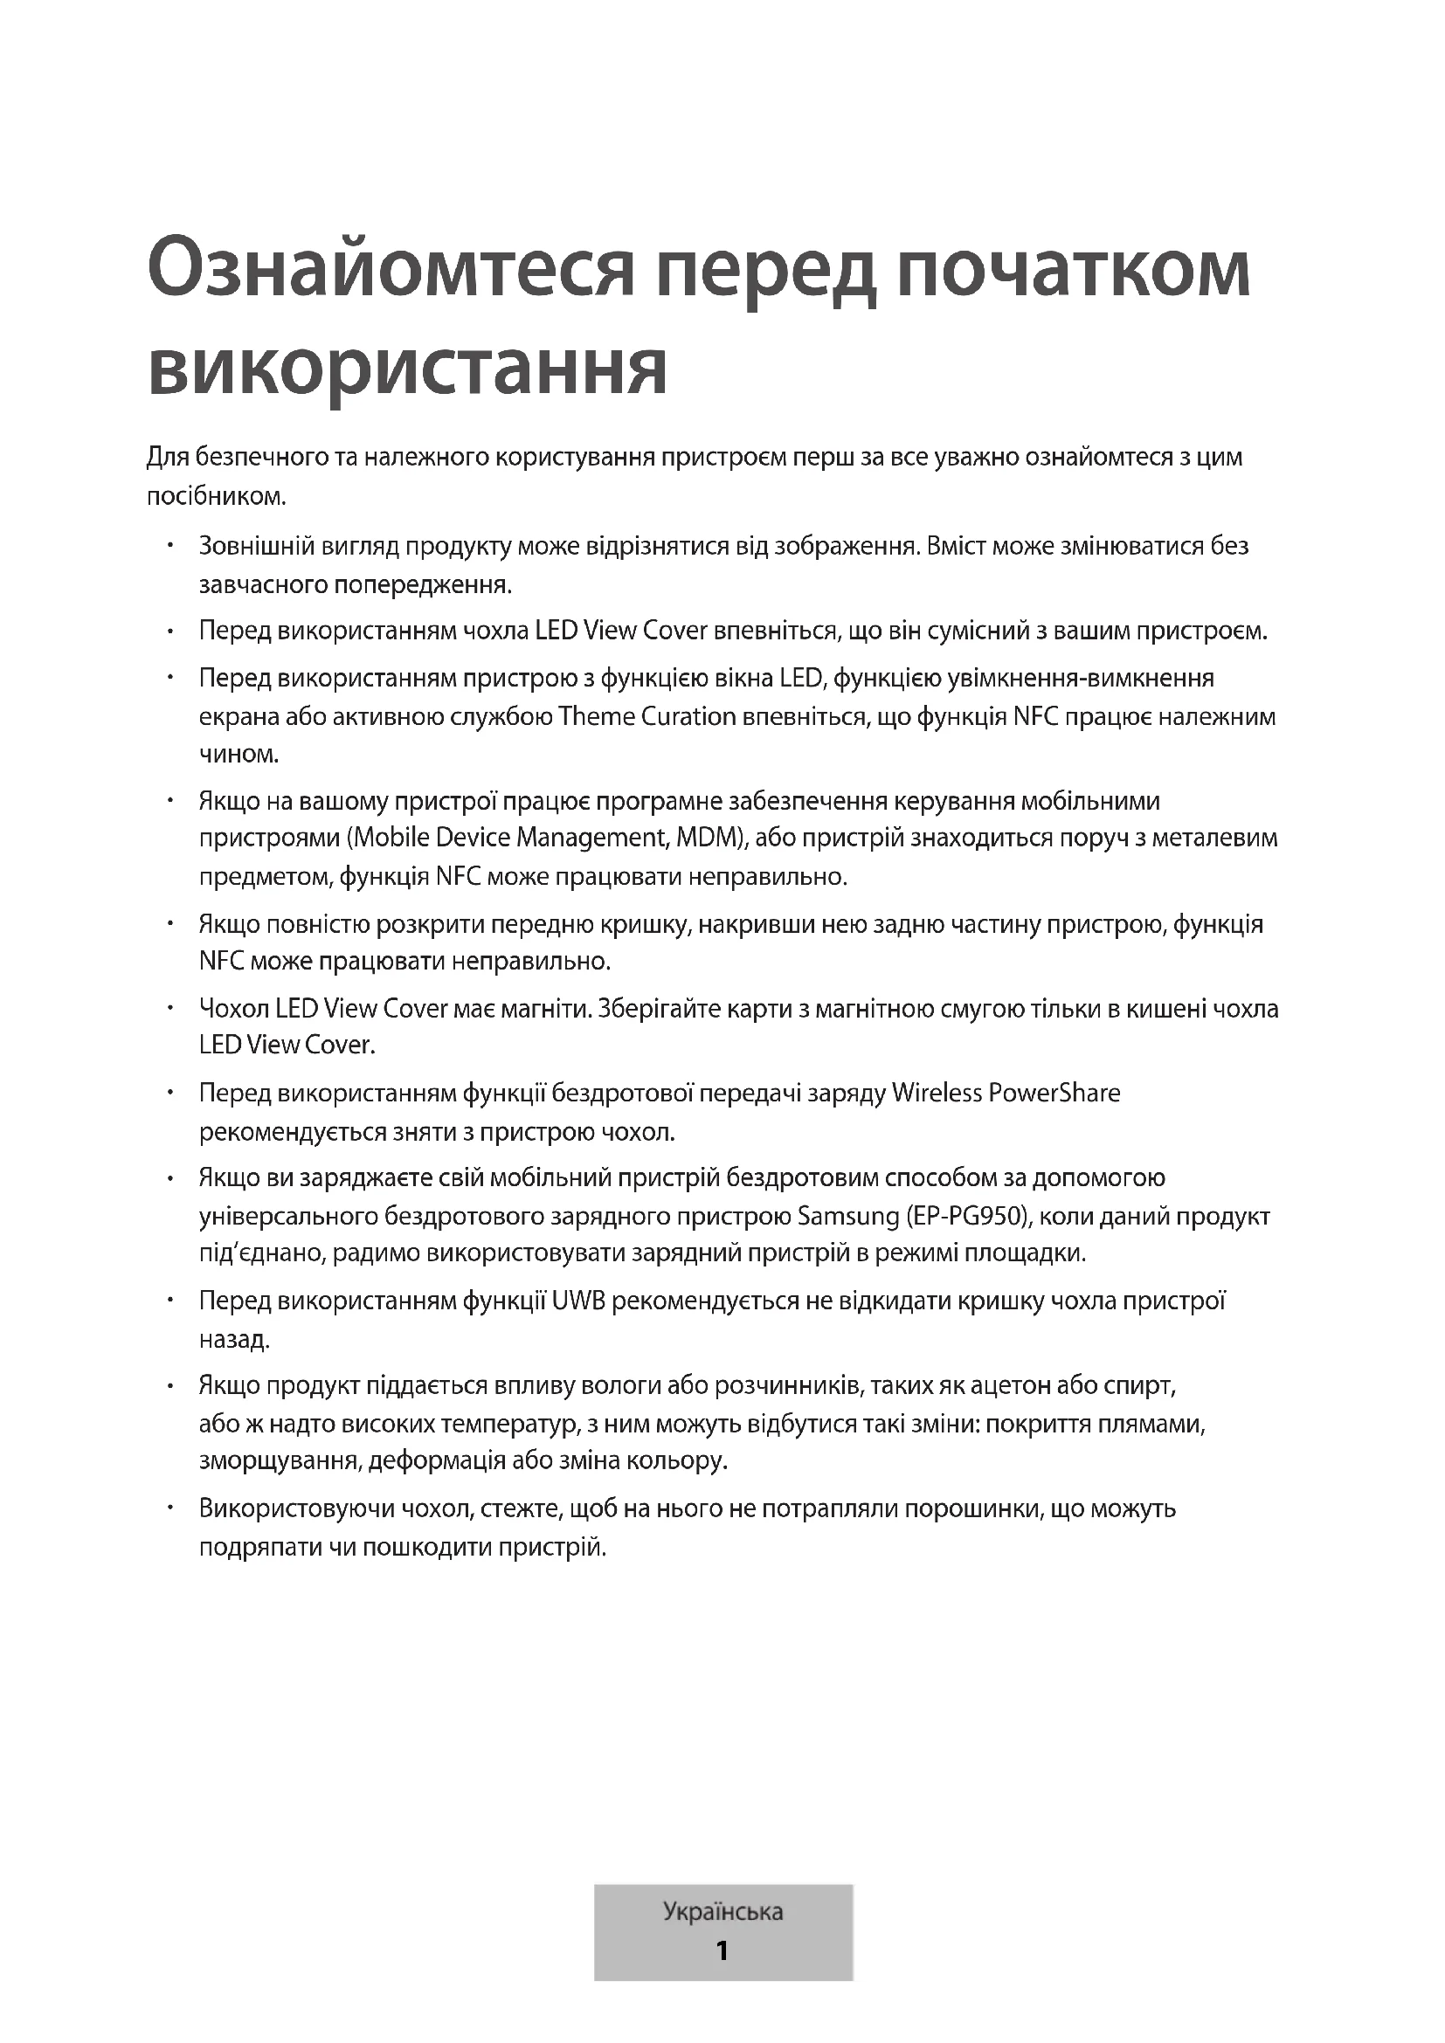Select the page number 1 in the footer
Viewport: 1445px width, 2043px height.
click(x=722, y=1950)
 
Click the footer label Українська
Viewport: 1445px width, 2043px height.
click(x=722, y=1911)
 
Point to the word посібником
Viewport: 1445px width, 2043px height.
click(x=215, y=496)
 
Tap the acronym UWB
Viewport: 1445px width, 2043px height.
click(x=578, y=1301)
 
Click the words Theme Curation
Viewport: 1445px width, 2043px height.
click(x=646, y=716)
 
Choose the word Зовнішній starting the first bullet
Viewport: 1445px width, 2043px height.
click(x=257, y=545)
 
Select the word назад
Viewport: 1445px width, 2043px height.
click(x=234, y=1339)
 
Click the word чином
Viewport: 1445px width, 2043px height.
click(x=239, y=755)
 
